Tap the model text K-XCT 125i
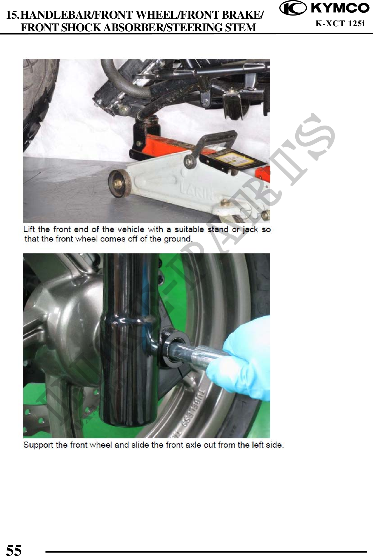[x=340, y=24]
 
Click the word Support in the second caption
[x=38, y=445]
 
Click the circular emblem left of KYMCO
[x=292, y=8]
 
